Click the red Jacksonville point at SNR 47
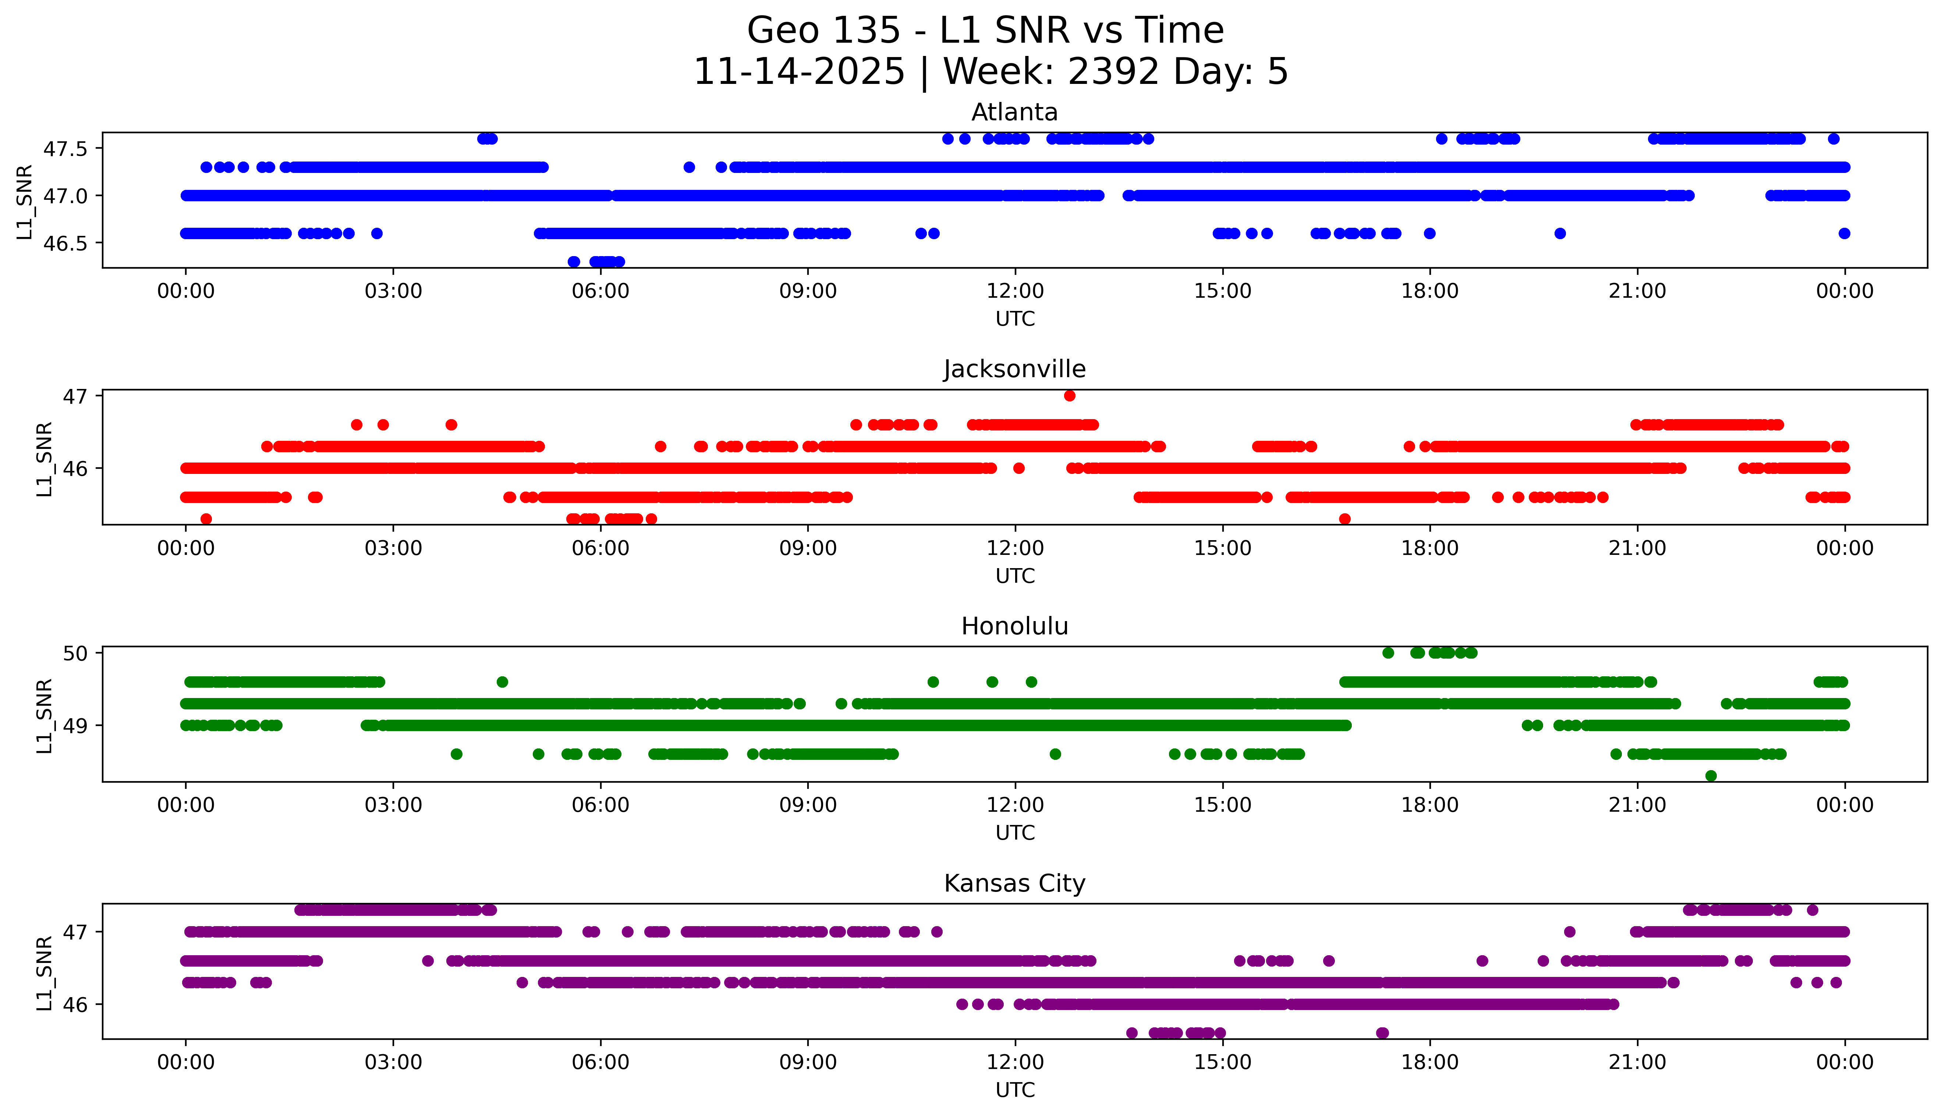(1069, 396)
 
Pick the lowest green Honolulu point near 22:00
(1711, 776)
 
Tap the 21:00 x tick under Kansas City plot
(1637, 1062)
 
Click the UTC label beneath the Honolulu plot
(1015, 832)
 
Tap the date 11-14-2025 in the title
(799, 72)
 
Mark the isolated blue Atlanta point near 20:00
(1560, 233)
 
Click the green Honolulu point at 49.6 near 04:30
(502, 681)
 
